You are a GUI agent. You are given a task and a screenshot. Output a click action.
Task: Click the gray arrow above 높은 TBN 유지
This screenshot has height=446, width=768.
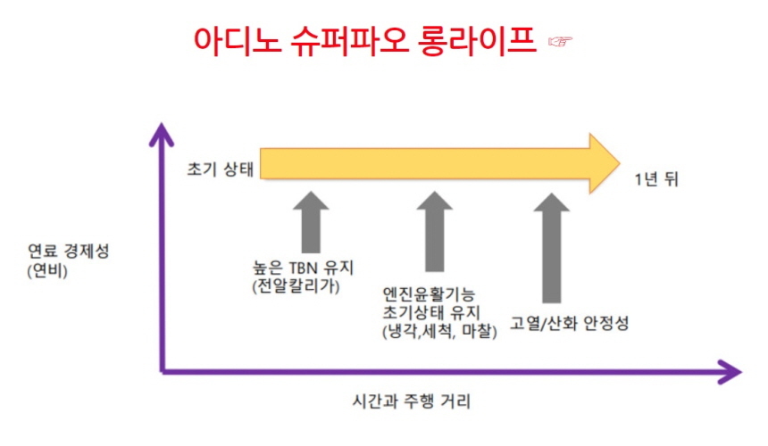[x=311, y=221]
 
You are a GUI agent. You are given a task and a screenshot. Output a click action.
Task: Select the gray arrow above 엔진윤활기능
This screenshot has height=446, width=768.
[x=434, y=230]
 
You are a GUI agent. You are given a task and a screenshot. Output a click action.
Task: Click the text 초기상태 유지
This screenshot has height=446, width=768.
[x=430, y=313]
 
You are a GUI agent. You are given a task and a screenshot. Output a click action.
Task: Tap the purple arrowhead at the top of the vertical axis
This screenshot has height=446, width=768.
[x=162, y=135]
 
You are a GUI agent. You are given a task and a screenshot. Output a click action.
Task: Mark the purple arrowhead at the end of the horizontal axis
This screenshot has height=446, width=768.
[x=730, y=371]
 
